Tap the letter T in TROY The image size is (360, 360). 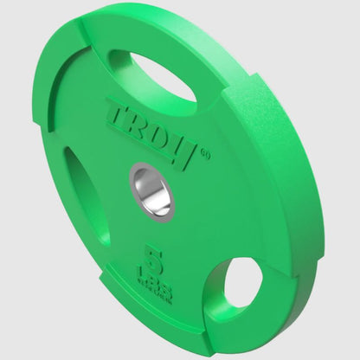click(119, 112)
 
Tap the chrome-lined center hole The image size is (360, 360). click(152, 189)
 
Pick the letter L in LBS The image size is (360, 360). click(152, 272)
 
